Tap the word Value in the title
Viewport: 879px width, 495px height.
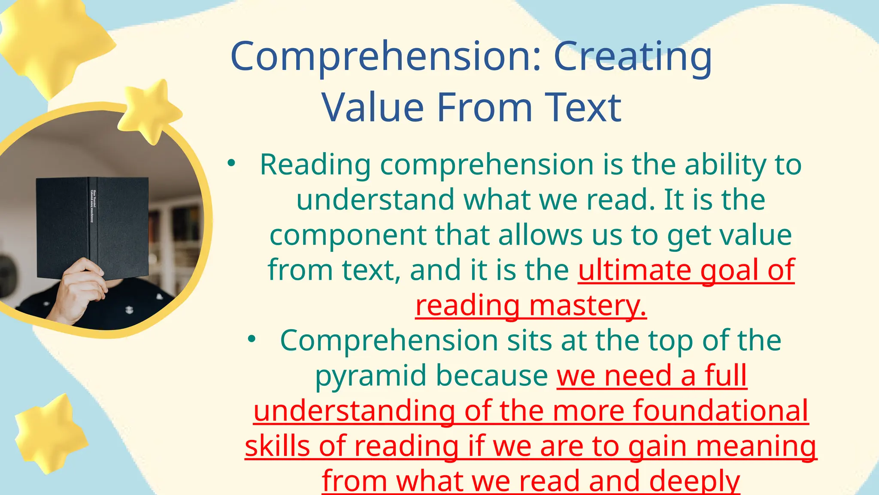click(x=373, y=107)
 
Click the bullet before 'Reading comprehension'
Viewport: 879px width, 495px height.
click(x=232, y=163)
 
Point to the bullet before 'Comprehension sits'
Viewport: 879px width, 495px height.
click(x=252, y=339)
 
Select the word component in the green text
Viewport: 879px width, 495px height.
click(x=347, y=236)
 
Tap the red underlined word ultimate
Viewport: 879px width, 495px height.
click(x=634, y=270)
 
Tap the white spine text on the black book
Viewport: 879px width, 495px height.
click(x=93, y=206)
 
